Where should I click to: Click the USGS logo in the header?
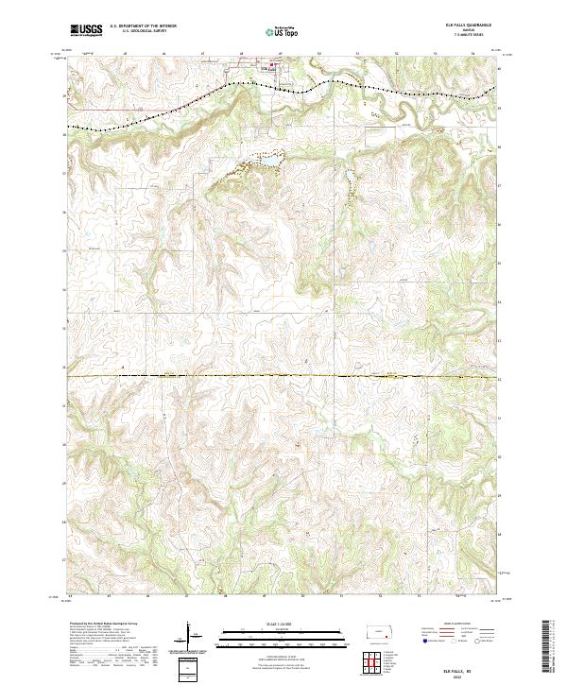[86, 30]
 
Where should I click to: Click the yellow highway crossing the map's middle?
[283, 376]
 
